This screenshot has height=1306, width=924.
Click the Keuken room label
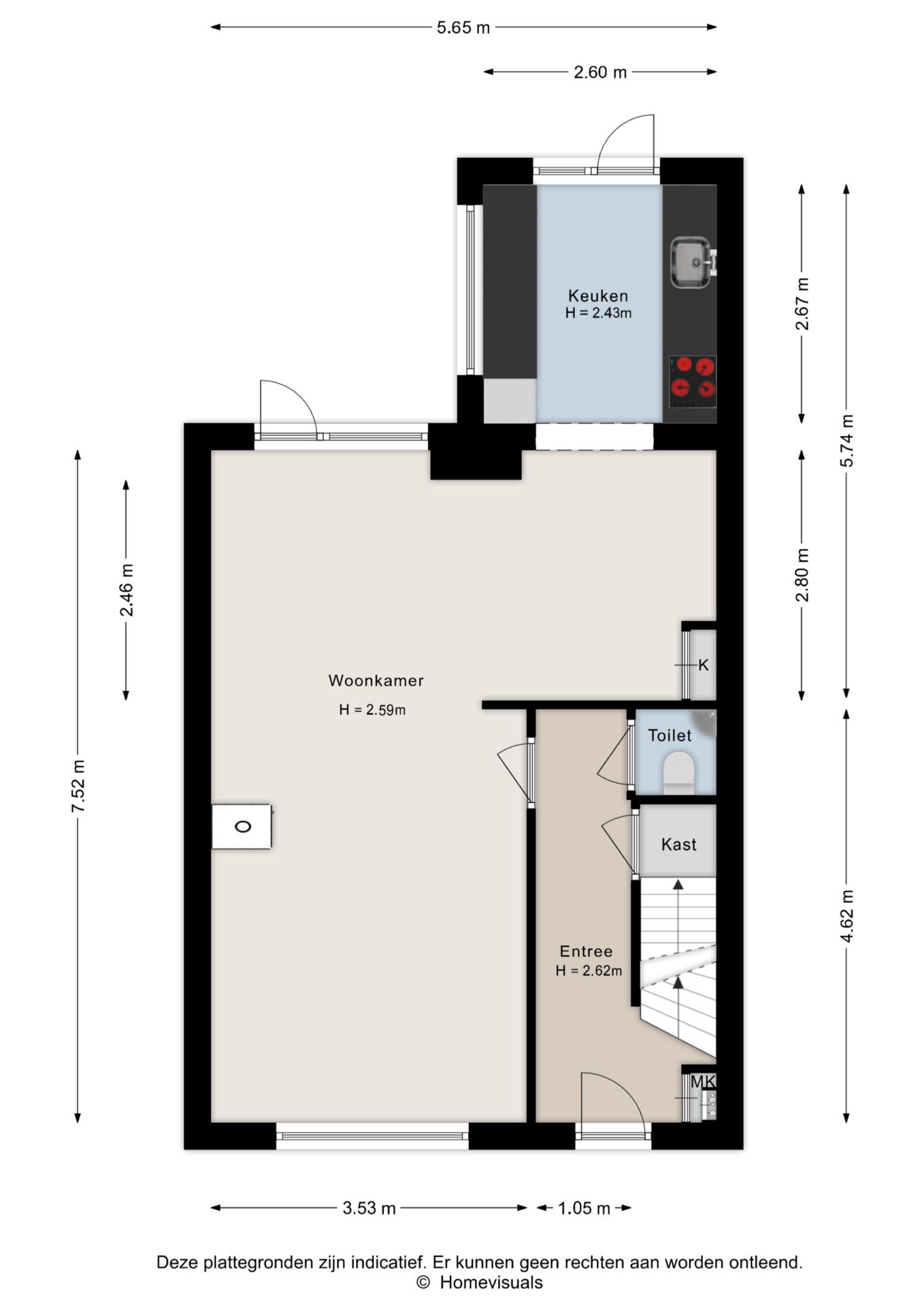[x=598, y=296]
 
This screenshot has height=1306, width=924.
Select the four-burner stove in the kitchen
[x=693, y=382]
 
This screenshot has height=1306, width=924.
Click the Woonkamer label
[x=376, y=680]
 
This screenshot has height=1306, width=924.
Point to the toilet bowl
[x=678, y=773]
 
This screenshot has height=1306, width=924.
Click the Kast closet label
[x=679, y=844]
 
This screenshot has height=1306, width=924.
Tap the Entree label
[x=586, y=951]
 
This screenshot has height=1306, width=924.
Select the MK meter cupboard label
[x=703, y=1081]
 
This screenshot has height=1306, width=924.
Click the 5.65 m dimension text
[x=463, y=28]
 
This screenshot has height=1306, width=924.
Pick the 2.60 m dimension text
[x=600, y=72]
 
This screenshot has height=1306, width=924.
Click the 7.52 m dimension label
[x=78, y=786]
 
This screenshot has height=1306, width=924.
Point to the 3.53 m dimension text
[x=369, y=1208]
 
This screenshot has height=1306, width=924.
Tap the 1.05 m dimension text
[x=584, y=1208]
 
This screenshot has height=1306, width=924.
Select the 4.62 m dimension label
[x=846, y=916]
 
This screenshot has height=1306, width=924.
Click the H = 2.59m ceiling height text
[x=372, y=710]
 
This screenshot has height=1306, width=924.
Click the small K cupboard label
[x=704, y=665]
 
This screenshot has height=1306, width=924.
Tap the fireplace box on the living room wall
[x=242, y=826]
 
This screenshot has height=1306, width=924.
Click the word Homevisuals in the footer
[x=491, y=1283]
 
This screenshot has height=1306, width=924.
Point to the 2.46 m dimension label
[x=127, y=590]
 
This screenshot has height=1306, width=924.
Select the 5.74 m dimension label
[x=846, y=440]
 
